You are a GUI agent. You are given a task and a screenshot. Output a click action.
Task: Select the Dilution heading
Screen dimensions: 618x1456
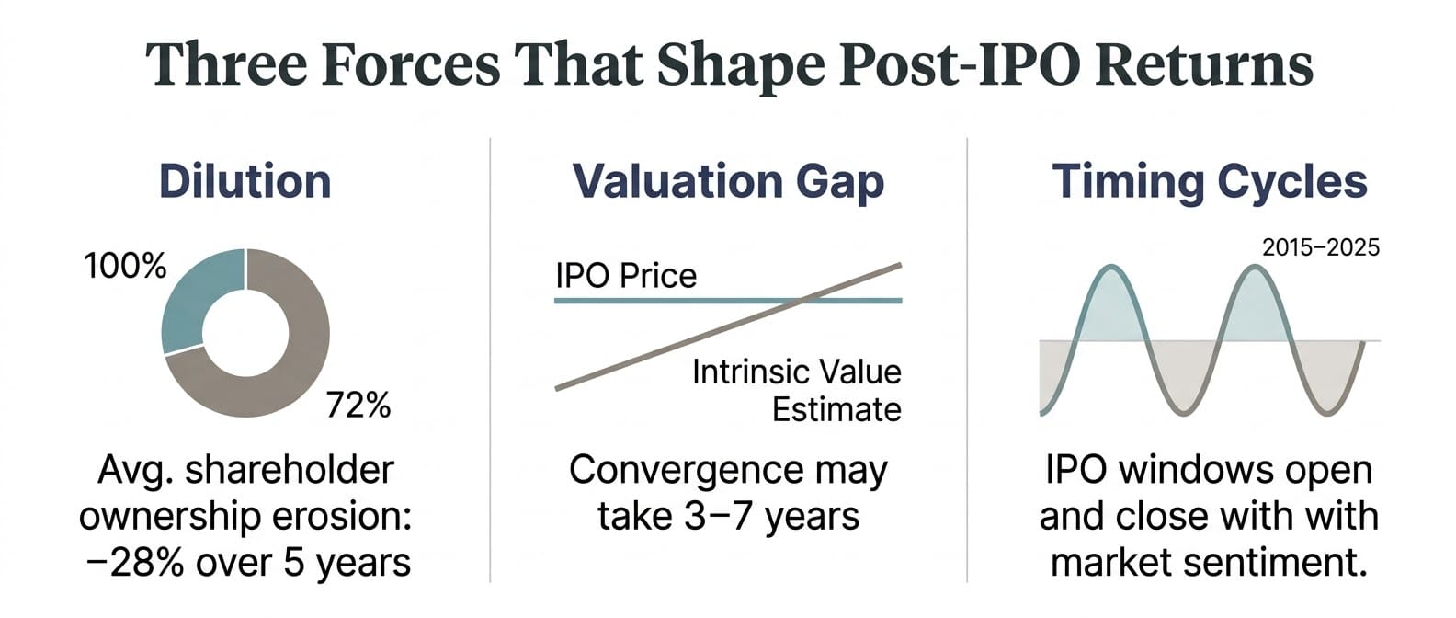point(245,181)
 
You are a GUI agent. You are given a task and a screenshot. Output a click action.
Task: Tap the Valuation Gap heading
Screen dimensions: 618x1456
point(728,181)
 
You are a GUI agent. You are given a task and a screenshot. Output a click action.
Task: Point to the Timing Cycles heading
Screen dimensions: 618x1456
point(1209,181)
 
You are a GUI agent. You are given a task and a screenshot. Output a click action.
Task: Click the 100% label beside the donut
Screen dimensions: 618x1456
point(125,267)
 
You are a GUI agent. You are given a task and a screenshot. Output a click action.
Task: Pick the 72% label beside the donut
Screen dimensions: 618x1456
point(358,405)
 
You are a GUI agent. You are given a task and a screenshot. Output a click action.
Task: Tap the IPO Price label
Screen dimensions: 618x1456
point(626,276)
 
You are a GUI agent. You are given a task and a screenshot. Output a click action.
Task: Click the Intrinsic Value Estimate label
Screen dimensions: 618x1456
point(796,391)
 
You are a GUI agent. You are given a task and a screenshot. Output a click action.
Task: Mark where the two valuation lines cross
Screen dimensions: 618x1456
point(802,300)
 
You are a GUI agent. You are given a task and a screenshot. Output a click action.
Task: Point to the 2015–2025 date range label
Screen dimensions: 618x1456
point(1321,247)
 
